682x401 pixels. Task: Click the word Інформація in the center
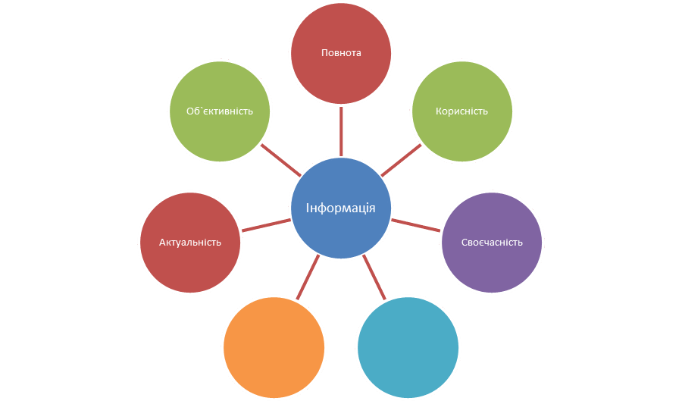point(340,208)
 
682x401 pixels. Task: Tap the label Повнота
point(341,53)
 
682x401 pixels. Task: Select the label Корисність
point(462,111)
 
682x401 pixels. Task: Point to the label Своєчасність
point(492,243)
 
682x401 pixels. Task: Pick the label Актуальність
point(190,243)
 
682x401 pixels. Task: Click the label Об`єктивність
point(220,111)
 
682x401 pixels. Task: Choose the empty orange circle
point(274,347)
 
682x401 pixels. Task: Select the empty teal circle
point(408,347)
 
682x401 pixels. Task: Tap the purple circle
point(492,243)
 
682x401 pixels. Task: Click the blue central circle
point(341,208)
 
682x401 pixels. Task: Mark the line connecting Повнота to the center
point(341,131)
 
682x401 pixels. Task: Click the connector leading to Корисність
point(401,160)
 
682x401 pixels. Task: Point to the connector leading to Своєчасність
point(416,225)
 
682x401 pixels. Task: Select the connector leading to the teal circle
point(374,277)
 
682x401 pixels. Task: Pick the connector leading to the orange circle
point(308,277)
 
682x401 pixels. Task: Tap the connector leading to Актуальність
point(266,225)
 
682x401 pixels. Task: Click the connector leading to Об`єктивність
point(281,160)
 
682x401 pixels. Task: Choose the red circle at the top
point(341,53)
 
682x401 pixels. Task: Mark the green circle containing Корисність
point(462,111)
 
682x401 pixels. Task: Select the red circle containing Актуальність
point(190,243)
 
